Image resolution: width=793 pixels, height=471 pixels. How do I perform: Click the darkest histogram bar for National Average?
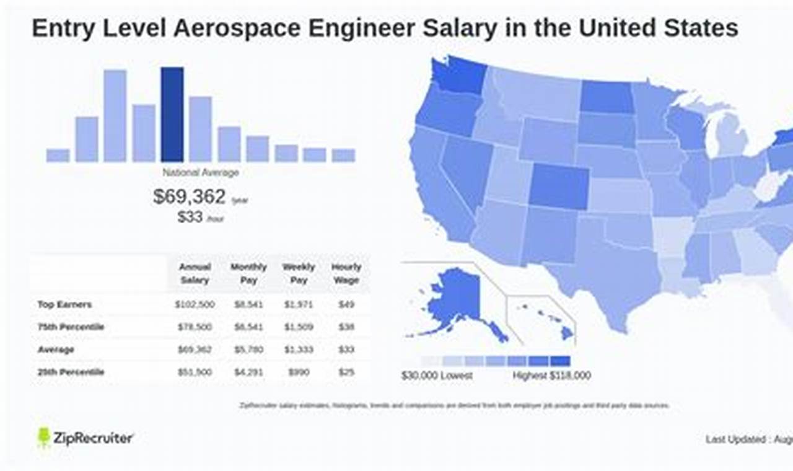pyautogui.click(x=172, y=115)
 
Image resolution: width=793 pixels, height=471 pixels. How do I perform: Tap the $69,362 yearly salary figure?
pyautogui.click(x=190, y=197)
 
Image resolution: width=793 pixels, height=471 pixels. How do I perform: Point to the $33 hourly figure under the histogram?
pyautogui.click(x=190, y=218)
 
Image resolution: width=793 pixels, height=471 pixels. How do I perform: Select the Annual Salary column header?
pyautogui.click(x=195, y=273)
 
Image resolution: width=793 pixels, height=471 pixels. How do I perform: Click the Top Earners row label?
pyautogui.click(x=64, y=304)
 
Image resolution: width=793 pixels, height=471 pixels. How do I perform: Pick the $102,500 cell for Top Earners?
pyautogui.click(x=195, y=304)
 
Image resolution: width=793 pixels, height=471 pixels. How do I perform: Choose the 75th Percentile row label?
pyautogui.click(x=71, y=327)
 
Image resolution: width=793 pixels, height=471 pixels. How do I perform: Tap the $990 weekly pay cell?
pyautogui.click(x=299, y=372)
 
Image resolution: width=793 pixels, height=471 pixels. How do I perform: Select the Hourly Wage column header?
pyautogui.click(x=346, y=273)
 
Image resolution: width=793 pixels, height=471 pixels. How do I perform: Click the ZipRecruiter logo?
pyautogui.click(x=85, y=438)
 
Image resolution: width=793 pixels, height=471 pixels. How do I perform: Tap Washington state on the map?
pyautogui.click(x=458, y=76)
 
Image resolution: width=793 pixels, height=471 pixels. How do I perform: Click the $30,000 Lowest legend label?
pyautogui.click(x=437, y=376)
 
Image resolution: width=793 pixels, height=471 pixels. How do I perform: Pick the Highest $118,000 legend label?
pyautogui.click(x=551, y=376)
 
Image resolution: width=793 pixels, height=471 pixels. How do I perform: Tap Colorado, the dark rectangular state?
pyautogui.click(x=559, y=186)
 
